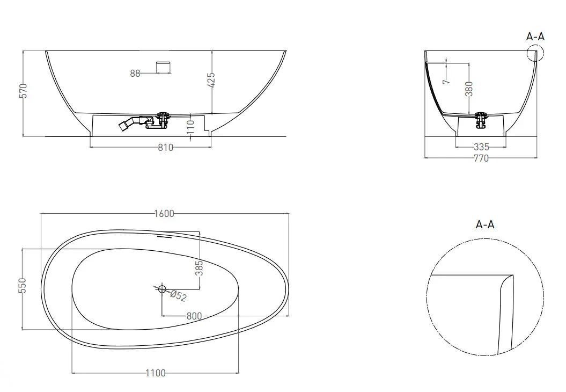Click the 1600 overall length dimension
pyautogui.click(x=164, y=214)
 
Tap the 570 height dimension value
pyautogui.click(x=23, y=91)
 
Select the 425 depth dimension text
pyautogui.click(x=211, y=80)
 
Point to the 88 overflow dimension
pyautogui.click(x=135, y=74)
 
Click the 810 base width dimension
pyautogui.click(x=166, y=148)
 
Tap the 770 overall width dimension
pyautogui.click(x=481, y=158)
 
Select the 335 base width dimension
pyautogui.click(x=481, y=147)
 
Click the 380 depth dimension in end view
pyautogui.click(x=469, y=89)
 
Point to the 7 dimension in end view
pyautogui.click(x=447, y=80)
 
